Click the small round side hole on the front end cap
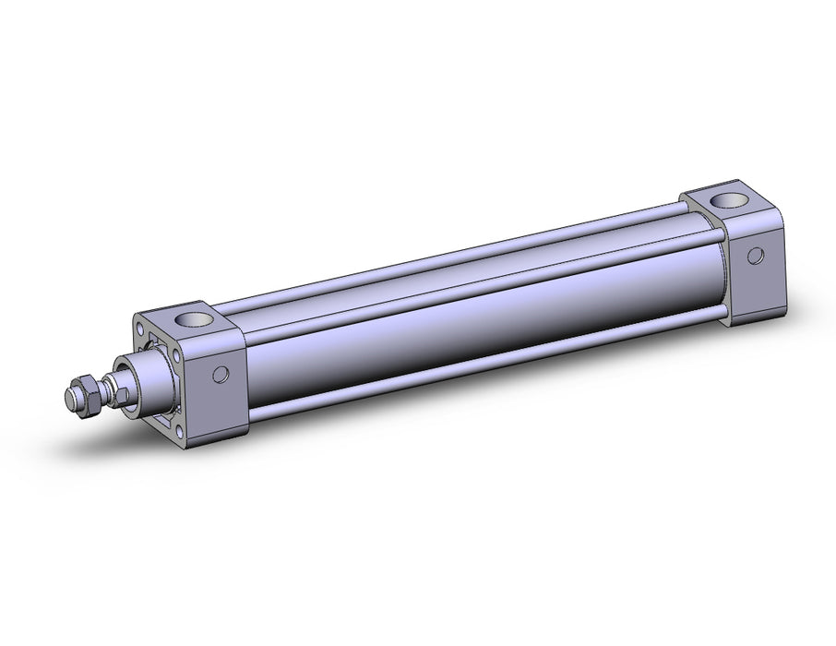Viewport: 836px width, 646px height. point(220,374)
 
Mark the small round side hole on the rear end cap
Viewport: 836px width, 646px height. point(757,255)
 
